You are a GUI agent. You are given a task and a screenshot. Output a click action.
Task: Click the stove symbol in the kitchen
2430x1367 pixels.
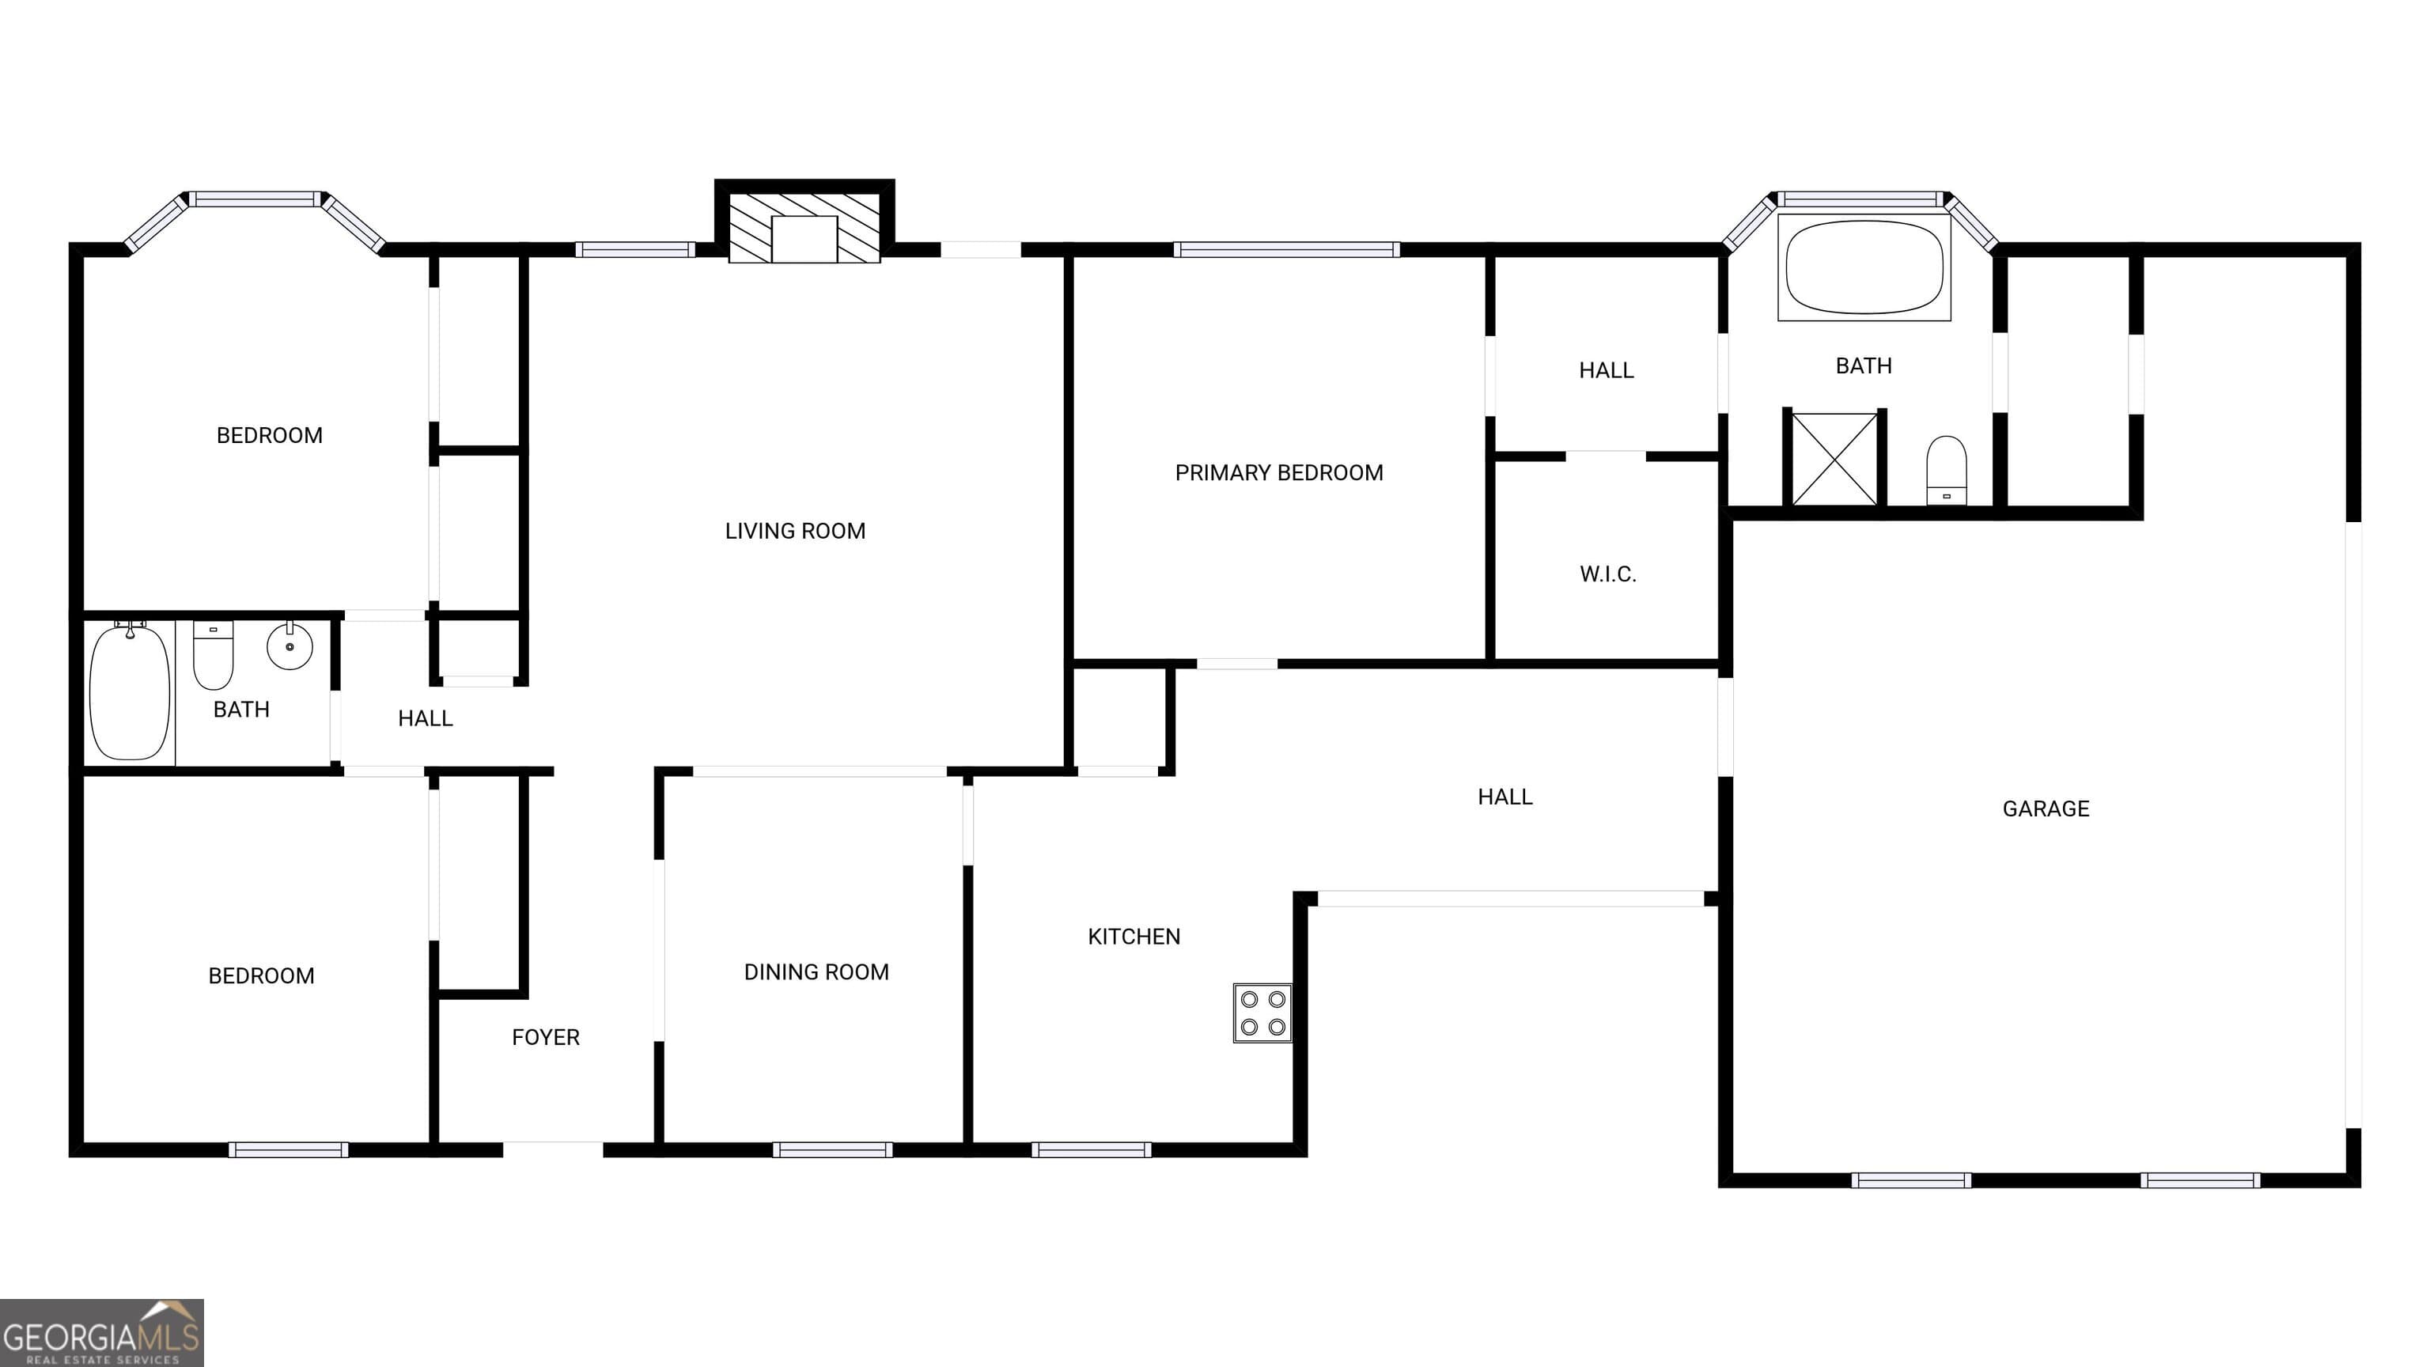1262,1013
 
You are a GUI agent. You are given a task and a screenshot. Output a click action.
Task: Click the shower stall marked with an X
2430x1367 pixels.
1834,460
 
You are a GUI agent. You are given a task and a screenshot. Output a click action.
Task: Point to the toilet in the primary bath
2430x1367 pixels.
1946,469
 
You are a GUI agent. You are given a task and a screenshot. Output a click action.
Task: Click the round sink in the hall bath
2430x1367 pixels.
290,646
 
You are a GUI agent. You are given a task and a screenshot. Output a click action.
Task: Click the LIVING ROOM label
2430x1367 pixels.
795,531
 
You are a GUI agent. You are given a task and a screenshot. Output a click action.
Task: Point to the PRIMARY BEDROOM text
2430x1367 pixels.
1278,472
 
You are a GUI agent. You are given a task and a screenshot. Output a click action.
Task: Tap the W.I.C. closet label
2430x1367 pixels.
1607,574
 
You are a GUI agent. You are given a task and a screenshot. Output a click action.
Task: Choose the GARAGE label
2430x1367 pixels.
2045,808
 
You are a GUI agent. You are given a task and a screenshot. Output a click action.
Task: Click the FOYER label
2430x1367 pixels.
545,1037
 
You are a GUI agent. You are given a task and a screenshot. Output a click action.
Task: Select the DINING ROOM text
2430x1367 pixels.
816,971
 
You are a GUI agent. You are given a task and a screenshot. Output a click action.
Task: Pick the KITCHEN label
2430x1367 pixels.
1134,937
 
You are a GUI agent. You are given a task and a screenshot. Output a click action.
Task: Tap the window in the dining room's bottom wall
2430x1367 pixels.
832,1149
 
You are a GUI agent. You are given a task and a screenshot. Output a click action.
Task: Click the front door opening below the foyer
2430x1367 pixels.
553,1149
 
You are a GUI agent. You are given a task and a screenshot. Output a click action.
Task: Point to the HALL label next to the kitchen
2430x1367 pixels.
1505,797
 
